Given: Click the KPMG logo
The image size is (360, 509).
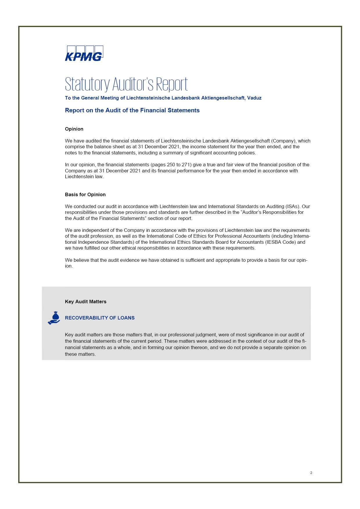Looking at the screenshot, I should click(x=84, y=53).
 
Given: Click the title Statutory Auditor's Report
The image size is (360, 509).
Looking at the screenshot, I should click(x=126, y=84).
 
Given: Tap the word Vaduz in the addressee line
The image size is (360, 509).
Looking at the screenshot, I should click(x=254, y=98).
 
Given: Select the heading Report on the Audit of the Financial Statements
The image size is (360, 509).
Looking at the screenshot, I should click(x=132, y=110).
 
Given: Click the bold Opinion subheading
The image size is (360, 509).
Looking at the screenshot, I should click(x=74, y=129).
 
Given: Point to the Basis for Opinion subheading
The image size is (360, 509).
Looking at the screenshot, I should click(x=85, y=195).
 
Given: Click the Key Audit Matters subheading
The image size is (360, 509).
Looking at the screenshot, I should click(x=86, y=302).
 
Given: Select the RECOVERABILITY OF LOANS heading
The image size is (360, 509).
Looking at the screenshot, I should click(x=100, y=318).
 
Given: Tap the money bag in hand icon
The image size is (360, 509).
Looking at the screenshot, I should click(x=54, y=318).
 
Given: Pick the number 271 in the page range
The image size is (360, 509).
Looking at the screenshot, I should click(x=186, y=165).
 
